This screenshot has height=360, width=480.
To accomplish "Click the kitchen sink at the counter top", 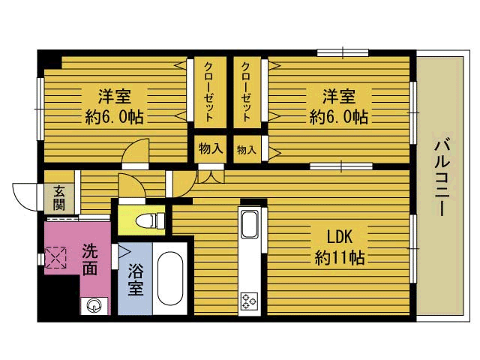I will [249, 223].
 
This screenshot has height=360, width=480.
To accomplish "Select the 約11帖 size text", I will [340, 257].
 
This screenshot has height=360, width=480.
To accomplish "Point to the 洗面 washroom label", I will [90, 259].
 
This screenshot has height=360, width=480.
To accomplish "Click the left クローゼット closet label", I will [209, 92].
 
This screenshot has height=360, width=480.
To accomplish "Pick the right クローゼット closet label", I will [246, 92].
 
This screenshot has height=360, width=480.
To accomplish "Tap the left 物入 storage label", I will [211, 149].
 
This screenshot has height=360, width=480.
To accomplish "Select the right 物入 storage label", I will [246, 150].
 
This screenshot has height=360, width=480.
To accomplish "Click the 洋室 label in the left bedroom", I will [114, 97].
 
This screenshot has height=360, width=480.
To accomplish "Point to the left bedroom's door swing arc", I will [136, 149].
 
